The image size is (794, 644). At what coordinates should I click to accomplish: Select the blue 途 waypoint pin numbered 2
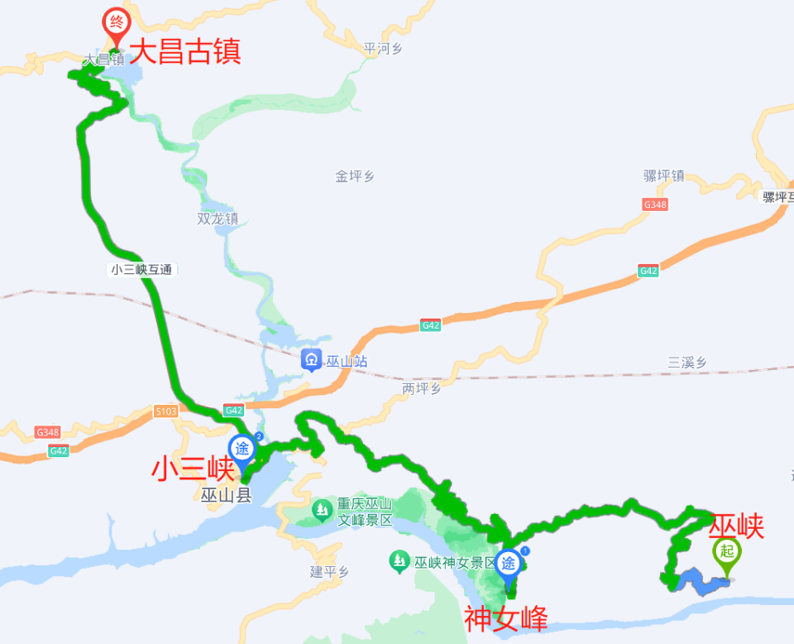click(x=242, y=449)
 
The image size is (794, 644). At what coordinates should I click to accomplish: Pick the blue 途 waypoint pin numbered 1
click(x=509, y=565)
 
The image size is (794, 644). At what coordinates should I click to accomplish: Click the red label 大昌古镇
click(x=186, y=52)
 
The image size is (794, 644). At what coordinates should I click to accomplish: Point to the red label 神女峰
click(x=505, y=618)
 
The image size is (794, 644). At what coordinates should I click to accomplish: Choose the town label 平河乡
click(x=383, y=49)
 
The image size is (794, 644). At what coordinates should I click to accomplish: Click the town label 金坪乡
click(x=355, y=175)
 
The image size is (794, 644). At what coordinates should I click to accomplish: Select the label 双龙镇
click(x=218, y=219)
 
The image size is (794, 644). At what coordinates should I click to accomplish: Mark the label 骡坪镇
click(x=663, y=175)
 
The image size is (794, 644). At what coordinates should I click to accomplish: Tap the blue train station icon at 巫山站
click(x=312, y=360)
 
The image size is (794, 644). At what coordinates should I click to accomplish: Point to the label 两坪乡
click(x=422, y=388)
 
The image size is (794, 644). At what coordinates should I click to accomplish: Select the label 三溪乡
click(x=687, y=362)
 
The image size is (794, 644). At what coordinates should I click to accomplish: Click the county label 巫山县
click(x=225, y=496)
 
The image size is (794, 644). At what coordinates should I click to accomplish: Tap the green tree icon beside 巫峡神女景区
click(x=399, y=563)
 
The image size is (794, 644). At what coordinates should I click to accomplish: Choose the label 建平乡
click(x=330, y=571)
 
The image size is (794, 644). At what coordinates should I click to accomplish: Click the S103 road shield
click(x=165, y=411)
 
